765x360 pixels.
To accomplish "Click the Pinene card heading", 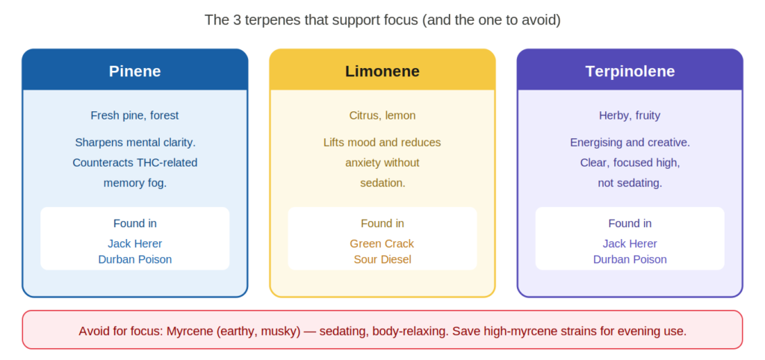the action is [134, 71].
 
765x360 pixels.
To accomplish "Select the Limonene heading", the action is [382, 71].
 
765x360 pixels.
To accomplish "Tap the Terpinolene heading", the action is [630, 71].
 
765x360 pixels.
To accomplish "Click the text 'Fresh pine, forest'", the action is [134, 116].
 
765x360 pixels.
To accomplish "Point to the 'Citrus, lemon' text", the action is [382, 116].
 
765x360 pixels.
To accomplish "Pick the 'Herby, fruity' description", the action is [630, 116].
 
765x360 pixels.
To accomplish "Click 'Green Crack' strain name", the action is [382, 243].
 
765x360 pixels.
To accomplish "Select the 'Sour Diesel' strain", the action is [382, 259].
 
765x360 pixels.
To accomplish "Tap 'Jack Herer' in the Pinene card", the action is [134, 243].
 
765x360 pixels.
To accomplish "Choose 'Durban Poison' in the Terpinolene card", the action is [630, 259].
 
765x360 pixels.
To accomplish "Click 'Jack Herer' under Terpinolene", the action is [630, 243].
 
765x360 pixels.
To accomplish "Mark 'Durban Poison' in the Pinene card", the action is [134, 259].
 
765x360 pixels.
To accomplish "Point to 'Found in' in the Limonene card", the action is [382, 223].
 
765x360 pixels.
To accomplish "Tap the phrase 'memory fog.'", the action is [134, 183].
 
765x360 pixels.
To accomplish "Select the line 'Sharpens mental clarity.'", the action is [134, 143].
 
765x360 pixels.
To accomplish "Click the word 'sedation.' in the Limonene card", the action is [382, 183].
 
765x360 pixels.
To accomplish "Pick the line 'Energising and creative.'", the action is [630, 143].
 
